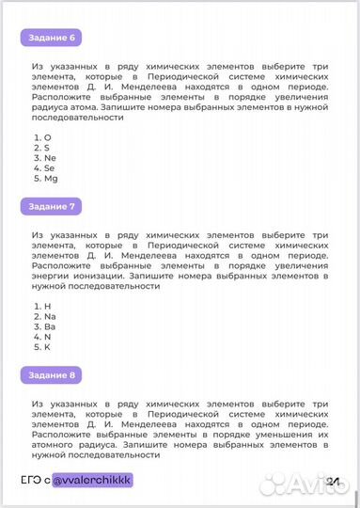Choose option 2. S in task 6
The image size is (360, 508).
click(x=40, y=148)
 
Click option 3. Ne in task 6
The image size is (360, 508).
click(x=43, y=158)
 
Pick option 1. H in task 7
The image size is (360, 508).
click(x=40, y=306)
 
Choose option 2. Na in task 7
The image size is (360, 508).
click(x=43, y=316)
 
